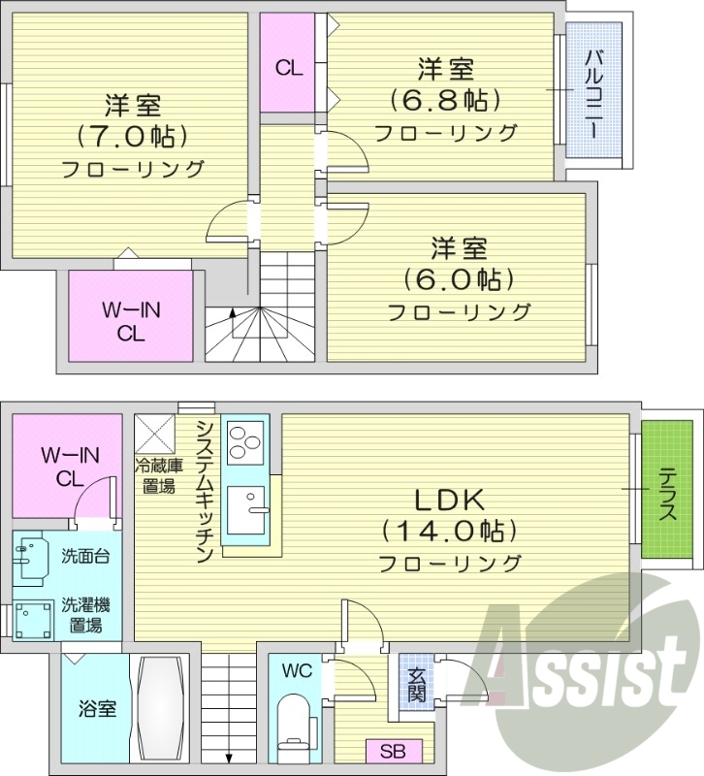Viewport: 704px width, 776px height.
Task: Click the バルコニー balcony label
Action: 593,91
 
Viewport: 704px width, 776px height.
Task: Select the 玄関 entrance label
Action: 416,685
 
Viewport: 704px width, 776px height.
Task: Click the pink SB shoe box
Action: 393,752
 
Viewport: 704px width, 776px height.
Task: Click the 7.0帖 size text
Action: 133,135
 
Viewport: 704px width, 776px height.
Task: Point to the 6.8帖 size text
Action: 445,100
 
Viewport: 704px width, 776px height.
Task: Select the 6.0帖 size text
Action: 459,279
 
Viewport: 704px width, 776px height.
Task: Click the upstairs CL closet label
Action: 288,68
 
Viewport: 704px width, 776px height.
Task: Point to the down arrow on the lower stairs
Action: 231,757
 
